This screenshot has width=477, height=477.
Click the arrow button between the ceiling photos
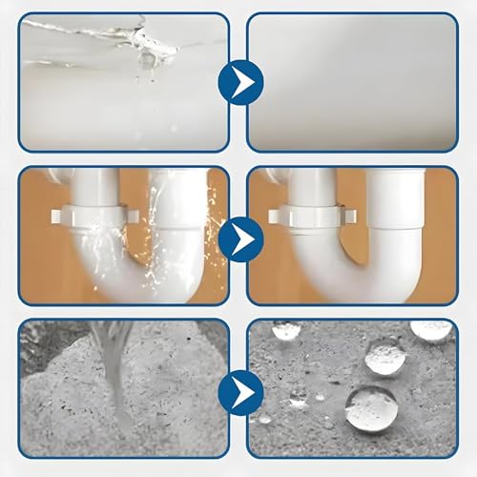238,83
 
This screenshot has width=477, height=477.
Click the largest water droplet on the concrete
372,408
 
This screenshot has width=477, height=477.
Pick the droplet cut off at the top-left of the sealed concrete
285,330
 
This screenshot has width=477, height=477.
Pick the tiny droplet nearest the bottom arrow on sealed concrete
265,418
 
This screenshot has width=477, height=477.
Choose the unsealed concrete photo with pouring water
124,386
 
